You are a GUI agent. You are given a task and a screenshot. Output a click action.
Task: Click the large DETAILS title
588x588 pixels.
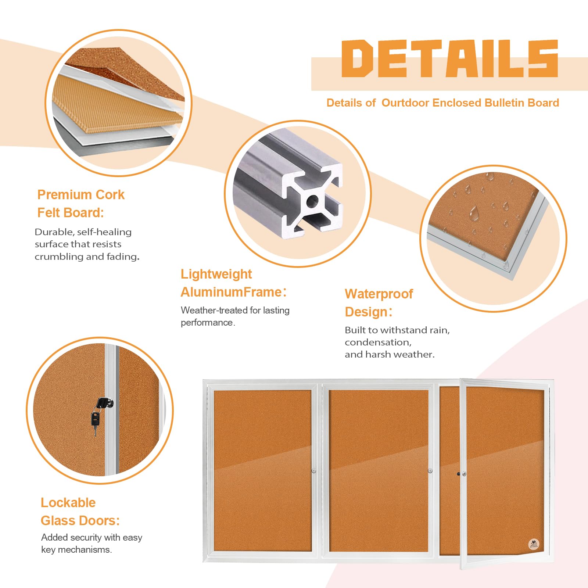coord(450,59)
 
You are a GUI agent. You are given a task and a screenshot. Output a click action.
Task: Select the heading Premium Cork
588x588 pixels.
coord(81,195)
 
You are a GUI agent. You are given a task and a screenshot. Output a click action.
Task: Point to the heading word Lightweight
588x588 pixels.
coord(216,274)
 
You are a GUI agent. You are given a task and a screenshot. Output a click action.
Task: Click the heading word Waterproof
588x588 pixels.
coord(379,294)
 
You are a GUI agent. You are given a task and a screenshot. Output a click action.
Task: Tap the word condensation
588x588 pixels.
coord(378,343)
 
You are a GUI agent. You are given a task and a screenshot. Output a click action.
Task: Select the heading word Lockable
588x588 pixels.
coord(68,502)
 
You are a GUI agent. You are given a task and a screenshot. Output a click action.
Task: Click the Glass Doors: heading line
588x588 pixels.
coord(80,521)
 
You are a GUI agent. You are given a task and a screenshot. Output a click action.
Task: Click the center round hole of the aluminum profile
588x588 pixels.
coord(312,201)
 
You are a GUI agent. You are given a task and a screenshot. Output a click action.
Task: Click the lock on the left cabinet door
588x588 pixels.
coord(314,471)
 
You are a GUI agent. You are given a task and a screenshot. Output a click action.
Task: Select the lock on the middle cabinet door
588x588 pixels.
coord(430,471)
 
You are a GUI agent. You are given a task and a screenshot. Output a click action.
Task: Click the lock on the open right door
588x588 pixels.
coord(464,474)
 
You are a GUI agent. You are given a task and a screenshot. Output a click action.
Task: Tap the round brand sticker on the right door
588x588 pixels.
coord(534,544)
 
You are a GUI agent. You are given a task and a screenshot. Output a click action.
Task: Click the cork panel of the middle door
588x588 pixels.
coord(379,471)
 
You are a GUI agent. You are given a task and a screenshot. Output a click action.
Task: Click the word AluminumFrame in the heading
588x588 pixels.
coord(231,292)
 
